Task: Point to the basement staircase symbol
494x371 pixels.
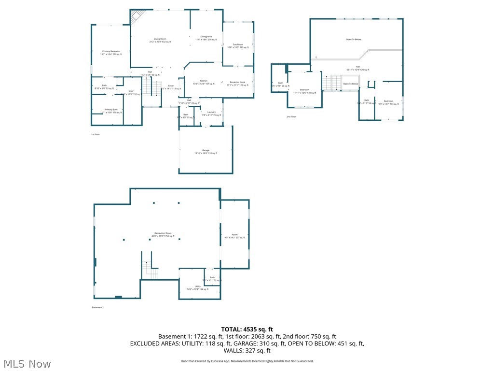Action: point(150,269)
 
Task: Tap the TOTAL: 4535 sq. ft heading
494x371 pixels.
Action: point(247,329)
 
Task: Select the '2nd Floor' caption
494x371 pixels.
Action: point(291,116)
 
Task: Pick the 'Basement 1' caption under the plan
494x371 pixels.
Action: point(98,308)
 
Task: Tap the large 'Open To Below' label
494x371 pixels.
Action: point(353,40)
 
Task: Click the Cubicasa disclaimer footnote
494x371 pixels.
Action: point(247,361)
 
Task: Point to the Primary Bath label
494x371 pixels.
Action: point(109,111)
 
